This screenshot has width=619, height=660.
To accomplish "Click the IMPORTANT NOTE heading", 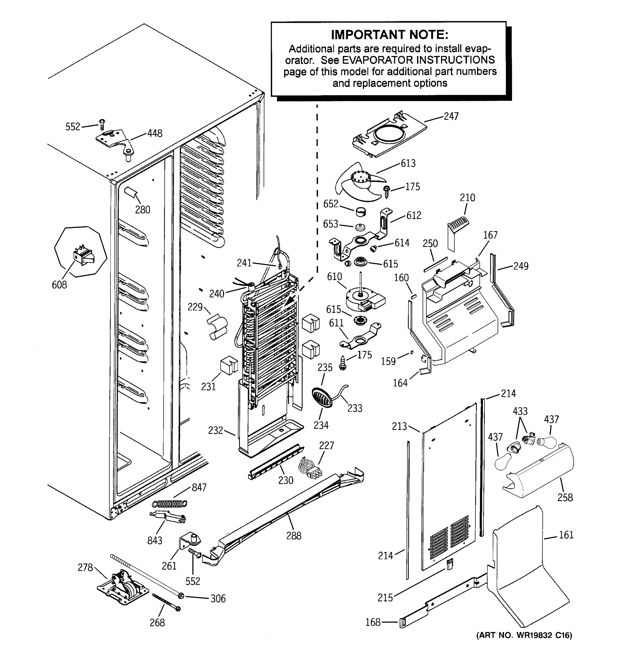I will pos(389,35).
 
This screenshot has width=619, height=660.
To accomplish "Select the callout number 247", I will pos(451,116).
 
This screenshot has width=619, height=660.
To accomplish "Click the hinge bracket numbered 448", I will pos(114,139).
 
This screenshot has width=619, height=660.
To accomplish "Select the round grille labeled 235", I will pos(322,397).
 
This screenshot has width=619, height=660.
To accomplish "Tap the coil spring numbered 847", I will pos(169,504).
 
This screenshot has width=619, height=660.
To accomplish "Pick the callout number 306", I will pos(218,599).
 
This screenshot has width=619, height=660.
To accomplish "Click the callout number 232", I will pos(215,430).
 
